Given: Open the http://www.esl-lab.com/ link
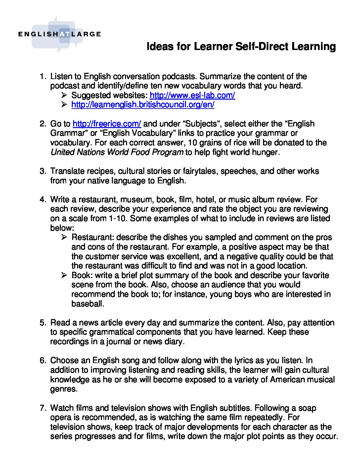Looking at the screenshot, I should click(192, 95).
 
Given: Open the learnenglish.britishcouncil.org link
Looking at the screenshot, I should click(143, 105).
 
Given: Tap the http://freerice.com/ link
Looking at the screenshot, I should click(107, 124).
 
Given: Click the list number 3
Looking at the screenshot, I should click(42, 171).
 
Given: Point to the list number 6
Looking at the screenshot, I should click(42, 360).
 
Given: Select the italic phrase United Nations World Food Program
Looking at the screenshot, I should click(116, 152).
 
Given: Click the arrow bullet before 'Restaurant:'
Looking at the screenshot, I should click(64, 237).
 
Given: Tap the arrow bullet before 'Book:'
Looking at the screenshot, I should click(64, 275).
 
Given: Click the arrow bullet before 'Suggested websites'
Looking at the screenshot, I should click(64, 96).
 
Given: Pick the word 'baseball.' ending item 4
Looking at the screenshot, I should click(88, 304).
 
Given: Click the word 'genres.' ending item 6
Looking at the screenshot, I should click(64, 389).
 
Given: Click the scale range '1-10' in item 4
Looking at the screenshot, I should click(119, 218).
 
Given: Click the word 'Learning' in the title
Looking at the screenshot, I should click(313, 46).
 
